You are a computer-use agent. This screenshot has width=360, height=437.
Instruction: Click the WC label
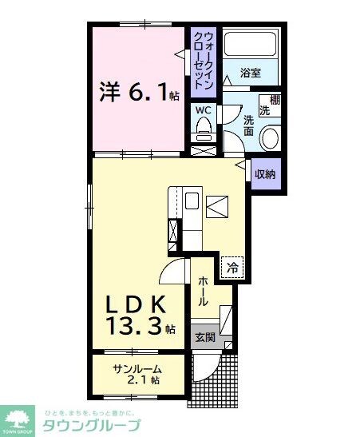pyautogui.click(x=203, y=110)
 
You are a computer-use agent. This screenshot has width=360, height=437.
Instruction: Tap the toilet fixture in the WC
pyautogui.click(x=204, y=129)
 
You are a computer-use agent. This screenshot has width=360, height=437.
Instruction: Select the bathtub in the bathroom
pyautogui.click(x=250, y=44)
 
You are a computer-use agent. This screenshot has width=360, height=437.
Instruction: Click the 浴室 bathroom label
pyautogui.click(x=251, y=73)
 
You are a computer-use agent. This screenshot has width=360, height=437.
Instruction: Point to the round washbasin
pyautogui.click(x=270, y=138)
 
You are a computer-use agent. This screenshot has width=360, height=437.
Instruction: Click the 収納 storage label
pyautogui.click(x=265, y=174)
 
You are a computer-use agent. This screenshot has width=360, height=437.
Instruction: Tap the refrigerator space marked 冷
pyautogui.click(x=232, y=268)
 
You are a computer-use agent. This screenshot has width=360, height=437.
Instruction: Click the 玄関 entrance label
pyautogui.click(x=205, y=337)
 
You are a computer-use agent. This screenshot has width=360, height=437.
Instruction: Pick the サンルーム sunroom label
pyautogui.click(x=137, y=370)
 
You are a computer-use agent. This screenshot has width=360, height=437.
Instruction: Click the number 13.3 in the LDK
pyautogui.click(x=134, y=326)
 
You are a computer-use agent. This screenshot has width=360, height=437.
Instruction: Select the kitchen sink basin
pyautogui.click(x=192, y=201)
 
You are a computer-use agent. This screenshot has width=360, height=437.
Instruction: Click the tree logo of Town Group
pyautogui.click(x=17, y=420)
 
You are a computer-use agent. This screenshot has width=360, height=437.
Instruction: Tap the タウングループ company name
pyautogui.click(x=92, y=425)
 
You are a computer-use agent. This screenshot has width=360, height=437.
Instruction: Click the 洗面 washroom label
pyautogui.click(x=248, y=125)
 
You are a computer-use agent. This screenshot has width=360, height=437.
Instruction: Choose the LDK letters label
pyautogui.click(x=135, y=304)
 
